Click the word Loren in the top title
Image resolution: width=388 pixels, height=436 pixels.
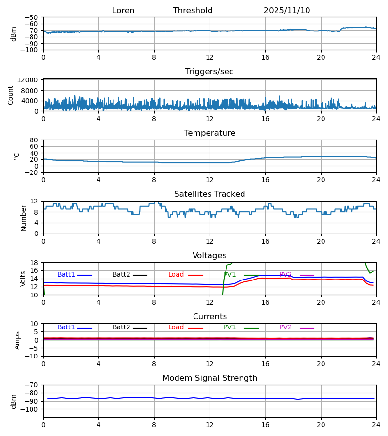[x=123, y=11]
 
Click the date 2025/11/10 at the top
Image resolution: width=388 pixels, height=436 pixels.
[x=287, y=11]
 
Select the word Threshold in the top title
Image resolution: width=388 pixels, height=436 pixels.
[x=193, y=11]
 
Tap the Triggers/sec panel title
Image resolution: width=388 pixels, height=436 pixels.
[x=210, y=72]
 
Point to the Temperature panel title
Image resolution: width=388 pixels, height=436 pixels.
[x=210, y=133]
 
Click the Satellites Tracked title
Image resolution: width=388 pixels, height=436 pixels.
[x=210, y=194]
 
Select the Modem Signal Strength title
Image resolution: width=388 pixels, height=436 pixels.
[x=210, y=378]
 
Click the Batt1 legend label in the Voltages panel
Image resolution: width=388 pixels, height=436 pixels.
[x=66, y=275]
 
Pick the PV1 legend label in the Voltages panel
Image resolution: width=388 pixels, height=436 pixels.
[x=230, y=275]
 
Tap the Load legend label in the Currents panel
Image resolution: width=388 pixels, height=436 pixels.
[x=176, y=327]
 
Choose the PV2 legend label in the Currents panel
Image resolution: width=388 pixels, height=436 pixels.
[x=285, y=327]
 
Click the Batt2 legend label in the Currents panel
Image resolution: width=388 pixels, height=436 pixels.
[x=121, y=327]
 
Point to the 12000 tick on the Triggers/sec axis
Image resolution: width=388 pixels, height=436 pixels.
[x=30, y=80]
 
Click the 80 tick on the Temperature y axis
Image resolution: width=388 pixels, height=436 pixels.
[x=34, y=140]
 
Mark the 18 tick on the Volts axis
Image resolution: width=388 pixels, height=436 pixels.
[x=34, y=263]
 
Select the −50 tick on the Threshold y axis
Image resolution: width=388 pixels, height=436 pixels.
[x=32, y=17]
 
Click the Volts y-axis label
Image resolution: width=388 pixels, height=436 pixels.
[x=23, y=279]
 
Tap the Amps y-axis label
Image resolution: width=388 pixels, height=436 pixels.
[x=18, y=340]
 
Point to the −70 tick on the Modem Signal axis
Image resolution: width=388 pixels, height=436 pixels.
[x=32, y=385]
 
